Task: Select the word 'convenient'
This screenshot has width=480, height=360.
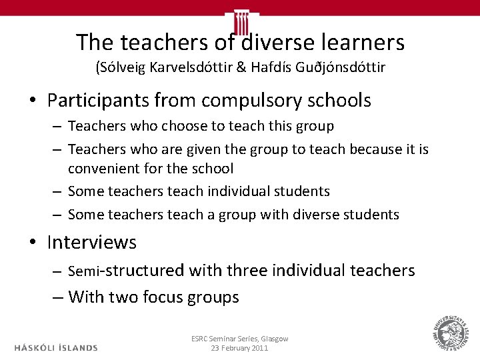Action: click(108, 169)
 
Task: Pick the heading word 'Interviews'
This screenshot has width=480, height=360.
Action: click(91, 243)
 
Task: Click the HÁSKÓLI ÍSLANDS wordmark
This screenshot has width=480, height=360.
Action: click(56, 347)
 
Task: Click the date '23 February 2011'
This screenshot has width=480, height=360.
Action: click(239, 349)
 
